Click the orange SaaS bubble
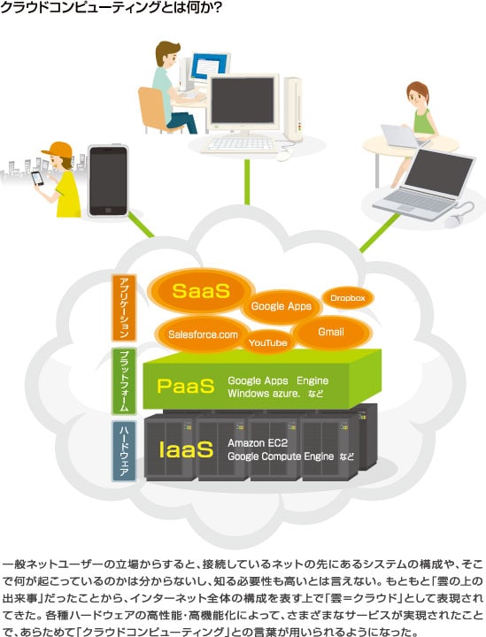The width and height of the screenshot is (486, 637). [x=201, y=290]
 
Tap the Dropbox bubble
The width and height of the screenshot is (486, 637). [x=348, y=298]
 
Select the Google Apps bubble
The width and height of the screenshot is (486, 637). [x=282, y=306]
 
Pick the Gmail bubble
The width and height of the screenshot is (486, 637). [x=332, y=332]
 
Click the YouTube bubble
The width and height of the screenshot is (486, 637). [x=268, y=343]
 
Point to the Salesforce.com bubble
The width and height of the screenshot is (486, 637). [x=203, y=334]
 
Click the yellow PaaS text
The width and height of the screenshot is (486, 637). [x=186, y=386]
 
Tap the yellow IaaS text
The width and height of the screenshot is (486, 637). [x=186, y=449]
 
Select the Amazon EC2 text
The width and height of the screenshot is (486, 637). [x=258, y=443]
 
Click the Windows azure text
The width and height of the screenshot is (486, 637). [x=264, y=393]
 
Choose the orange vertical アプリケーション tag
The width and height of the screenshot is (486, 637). [x=124, y=308]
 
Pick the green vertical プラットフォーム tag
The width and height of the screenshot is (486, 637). [x=124, y=381]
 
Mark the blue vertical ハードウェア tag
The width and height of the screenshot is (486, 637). [x=124, y=451]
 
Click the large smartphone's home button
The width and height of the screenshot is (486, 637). [x=108, y=210]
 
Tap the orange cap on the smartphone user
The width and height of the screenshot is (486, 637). [x=58, y=150]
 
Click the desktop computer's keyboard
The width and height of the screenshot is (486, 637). [x=241, y=144]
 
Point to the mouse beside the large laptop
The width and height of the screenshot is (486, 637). [x=454, y=219]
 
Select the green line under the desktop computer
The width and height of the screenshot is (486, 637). [x=247, y=182]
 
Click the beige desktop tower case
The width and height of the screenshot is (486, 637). [x=293, y=109]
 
